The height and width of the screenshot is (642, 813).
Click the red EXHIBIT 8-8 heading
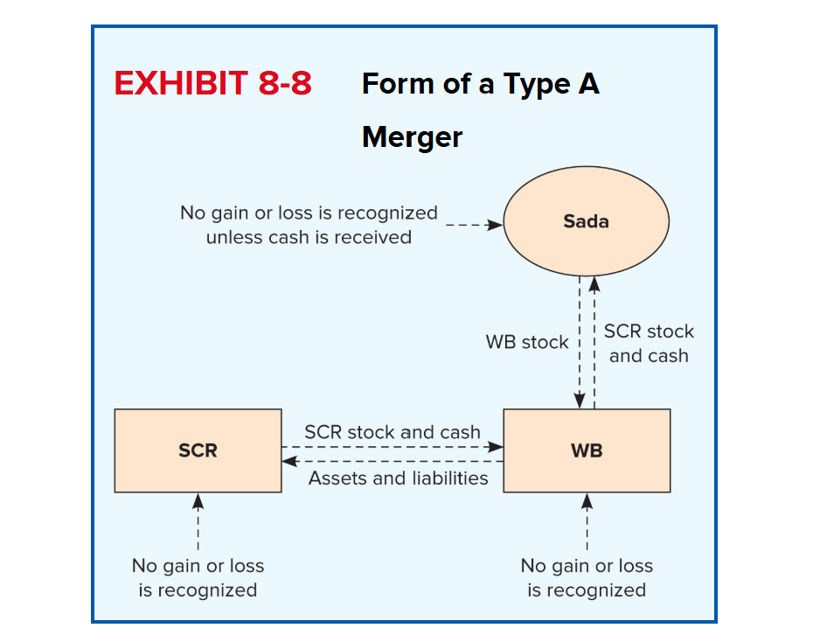click(x=212, y=83)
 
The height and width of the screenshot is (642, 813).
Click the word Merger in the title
click(x=412, y=137)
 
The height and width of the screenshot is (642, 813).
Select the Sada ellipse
click(x=586, y=221)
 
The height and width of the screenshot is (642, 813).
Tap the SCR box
click(x=198, y=450)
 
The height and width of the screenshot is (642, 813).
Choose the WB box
click(x=587, y=450)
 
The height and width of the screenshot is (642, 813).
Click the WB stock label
click(x=527, y=342)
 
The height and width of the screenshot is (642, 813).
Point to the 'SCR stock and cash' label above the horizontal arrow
click(x=393, y=432)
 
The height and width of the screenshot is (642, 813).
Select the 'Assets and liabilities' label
click(x=399, y=478)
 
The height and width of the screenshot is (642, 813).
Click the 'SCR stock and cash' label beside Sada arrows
click(x=649, y=343)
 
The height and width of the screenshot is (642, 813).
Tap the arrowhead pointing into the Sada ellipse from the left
click(x=495, y=225)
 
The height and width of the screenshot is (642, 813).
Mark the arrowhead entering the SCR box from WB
click(x=289, y=461)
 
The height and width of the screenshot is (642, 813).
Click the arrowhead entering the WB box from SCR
click(x=495, y=446)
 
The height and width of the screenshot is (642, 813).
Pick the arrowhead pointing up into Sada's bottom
click(x=594, y=284)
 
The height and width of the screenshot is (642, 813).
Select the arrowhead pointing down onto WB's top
click(x=580, y=401)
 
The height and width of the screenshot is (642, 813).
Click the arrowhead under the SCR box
click(x=198, y=501)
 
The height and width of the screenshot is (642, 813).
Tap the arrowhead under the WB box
click(x=587, y=501)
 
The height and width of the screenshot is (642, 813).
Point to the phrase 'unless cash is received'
click(x=309, y=237)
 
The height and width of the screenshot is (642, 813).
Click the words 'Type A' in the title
click(x=551, y=84)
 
